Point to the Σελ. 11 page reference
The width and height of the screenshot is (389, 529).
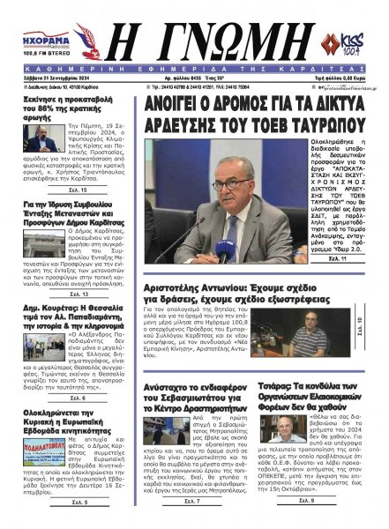pos(333,258)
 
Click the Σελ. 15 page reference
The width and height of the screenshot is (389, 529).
pos(54,214)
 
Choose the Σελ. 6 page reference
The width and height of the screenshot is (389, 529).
pos(54,398)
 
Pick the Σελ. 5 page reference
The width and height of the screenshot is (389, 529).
pos(54,502)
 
